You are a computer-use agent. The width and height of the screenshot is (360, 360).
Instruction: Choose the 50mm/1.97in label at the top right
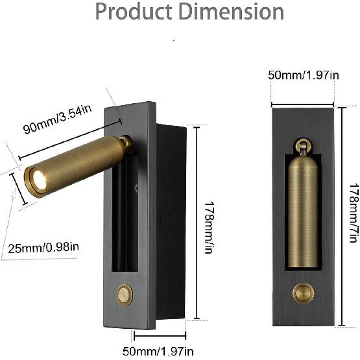coord(304,75)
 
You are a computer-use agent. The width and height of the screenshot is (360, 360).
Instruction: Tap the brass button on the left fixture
coord(125,294)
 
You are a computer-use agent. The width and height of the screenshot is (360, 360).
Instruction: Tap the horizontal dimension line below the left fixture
coord(160,335)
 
